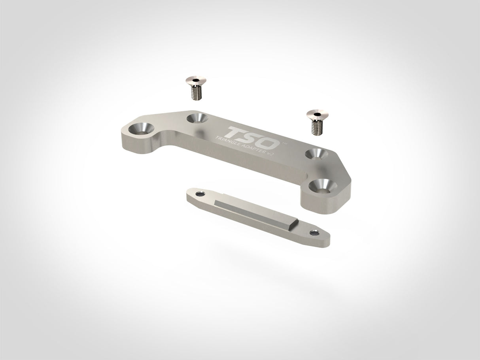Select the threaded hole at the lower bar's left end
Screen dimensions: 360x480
pyautogui.click(x=199, y=194)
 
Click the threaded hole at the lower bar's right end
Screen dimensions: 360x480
pyautogui.click(x=315, y=233)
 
